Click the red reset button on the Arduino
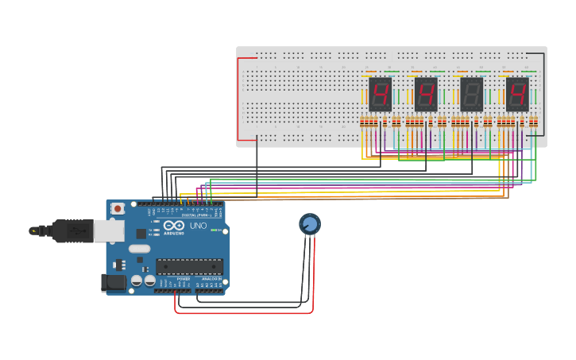[x=118, y=209]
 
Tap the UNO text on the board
[x=198, y=226]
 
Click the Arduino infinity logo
[x=174, y=226]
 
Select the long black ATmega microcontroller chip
[x=189, y=266]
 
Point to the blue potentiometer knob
[x=310, y=224]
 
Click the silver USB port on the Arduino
[x=109, y=230]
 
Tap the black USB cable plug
[x=72, y=230]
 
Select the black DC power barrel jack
[x=114, y=282]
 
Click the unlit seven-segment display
[x=471, y=94]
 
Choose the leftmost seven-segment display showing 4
[x=381, y=94]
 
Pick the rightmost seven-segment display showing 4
[x=517, y=94]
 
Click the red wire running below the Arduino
[x=238, y=312]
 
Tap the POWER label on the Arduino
[x=183, y=279]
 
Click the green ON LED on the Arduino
[x=214, y=230]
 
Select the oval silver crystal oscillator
[x=139, y=249]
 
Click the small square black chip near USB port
[x=141, y=234]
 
